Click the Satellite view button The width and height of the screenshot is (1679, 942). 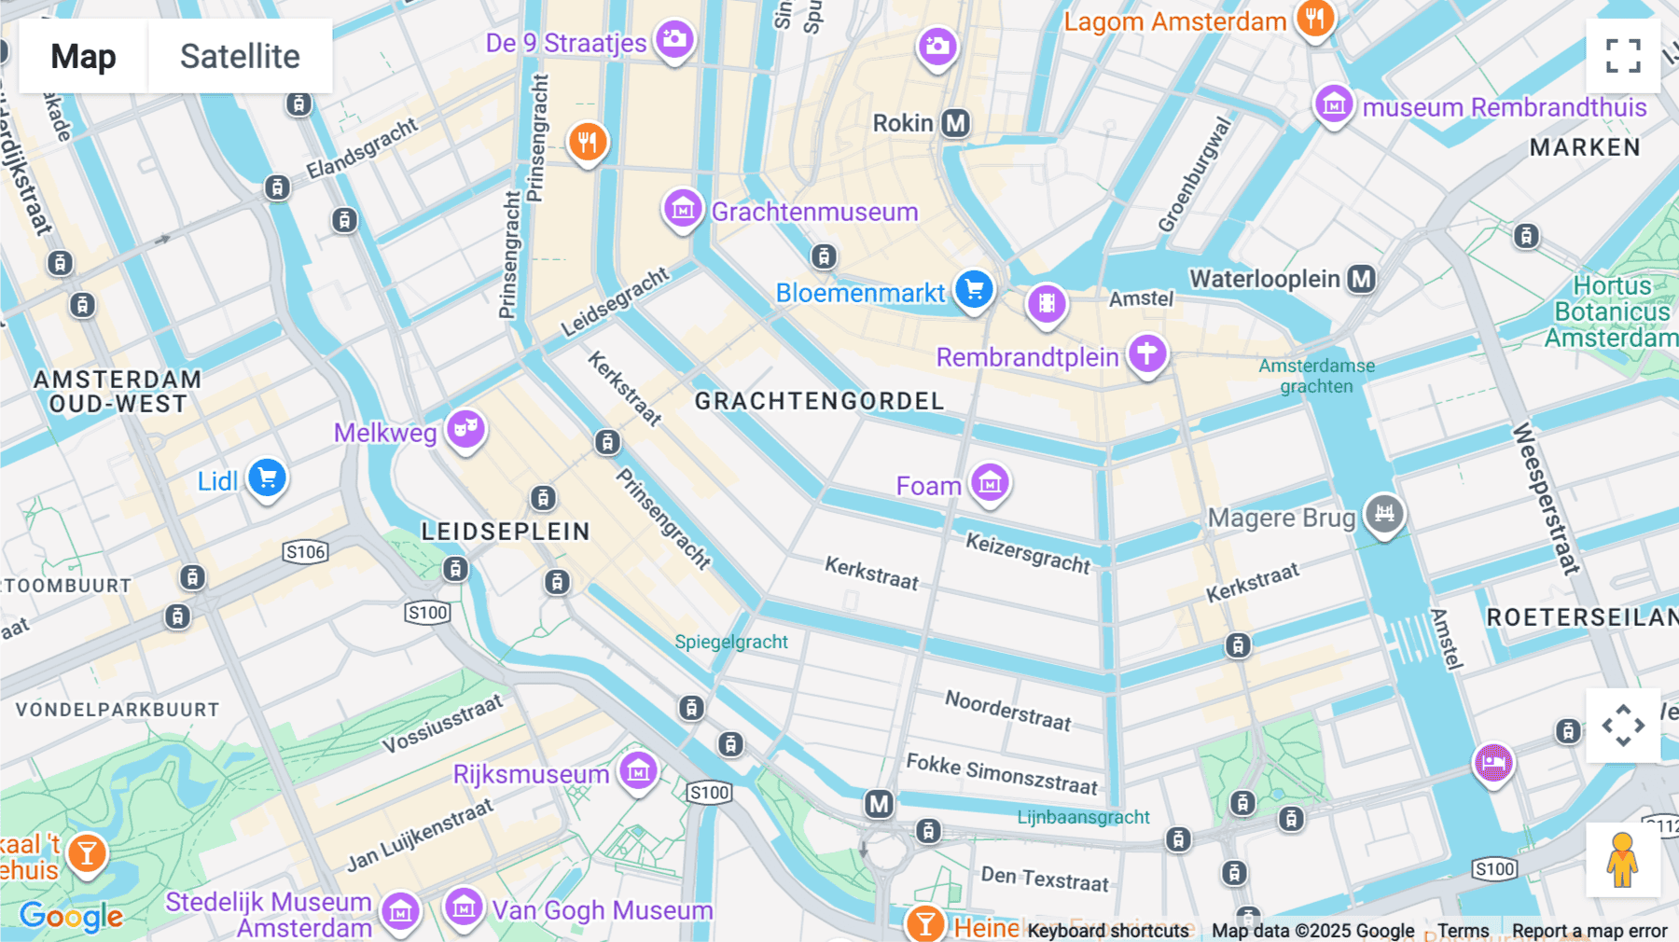[x=240, y=56]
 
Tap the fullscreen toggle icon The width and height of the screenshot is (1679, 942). [x=1623, y=56]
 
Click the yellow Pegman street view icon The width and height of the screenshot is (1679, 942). [x=1623, y=860]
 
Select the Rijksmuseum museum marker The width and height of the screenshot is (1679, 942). [x=639, y=770]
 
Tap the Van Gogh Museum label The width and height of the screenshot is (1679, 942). [x=602, y=910]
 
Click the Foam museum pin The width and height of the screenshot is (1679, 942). [x=990, y=482]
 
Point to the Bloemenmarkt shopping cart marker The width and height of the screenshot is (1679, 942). [x=974, y=289]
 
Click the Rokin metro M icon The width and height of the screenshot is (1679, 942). [x=955, y=123]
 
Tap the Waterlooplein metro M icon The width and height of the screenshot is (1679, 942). [x=1362, y=278]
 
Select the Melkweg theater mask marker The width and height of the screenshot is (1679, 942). [x=465, y=429]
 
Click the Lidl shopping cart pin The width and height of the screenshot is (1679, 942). [x=267, y=478]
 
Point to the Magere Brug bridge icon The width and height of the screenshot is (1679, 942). [x=1384, y=513]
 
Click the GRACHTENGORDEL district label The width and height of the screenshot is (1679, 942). [x=819, y=401]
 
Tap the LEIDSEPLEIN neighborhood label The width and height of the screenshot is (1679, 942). [x=506, y=532]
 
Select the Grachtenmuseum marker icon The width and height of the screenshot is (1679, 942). [x=683, y=209]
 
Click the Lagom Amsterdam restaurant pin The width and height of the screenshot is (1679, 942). [x=1314, y=18]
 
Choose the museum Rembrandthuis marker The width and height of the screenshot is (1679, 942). [x=1334, y=104]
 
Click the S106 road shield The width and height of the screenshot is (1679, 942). [x=306, y=551]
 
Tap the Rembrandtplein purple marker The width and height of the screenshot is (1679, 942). [x=1147, y=354]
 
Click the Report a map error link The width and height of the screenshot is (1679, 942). [x=1589, y=931]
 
